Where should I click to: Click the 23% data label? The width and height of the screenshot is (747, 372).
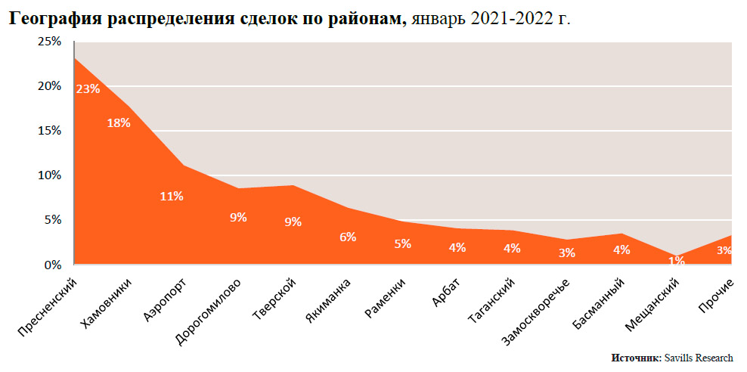pyautogui.click(x=88, y=88)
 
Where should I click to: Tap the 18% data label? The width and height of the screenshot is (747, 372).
pyautogui.click(x=119, y=122)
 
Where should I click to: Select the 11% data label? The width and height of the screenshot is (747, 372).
pyautogui.click(x=172, y=196)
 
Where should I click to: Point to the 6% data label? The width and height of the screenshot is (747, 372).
pyautogui.click(x=348, y=237)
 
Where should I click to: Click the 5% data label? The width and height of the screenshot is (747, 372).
pyautogui.click(x=402, y=243)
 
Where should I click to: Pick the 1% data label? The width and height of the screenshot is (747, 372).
pyautogui.click(x=676, y=261)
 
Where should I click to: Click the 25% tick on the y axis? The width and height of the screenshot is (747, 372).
pyautogui.click(x=50, y=41)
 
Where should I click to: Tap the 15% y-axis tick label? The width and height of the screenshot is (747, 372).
pyautogui.click(x=50, y=130)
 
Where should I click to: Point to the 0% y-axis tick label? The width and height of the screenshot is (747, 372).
pyautogui.click(x=52, y=265)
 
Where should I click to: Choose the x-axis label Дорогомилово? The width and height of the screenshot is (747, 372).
pyautogui.click(x=209, y=313)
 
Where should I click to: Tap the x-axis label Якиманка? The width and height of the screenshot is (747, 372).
pyautogui.click(x=329, y=301)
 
